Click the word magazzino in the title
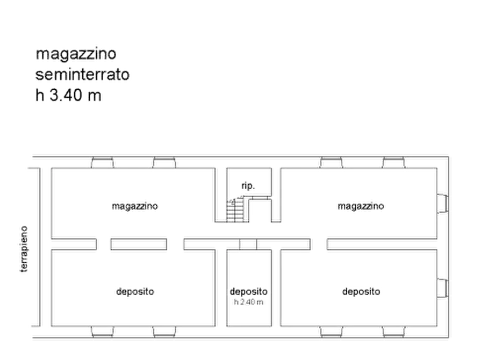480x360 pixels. tap(75, 55)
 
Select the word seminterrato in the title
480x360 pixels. tap(82, 76)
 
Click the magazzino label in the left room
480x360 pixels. tap(134, 205)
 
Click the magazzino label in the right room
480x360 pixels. tap(361, 205)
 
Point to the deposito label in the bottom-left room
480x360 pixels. tap(135, 292)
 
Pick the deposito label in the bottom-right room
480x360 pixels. tap(361, 292)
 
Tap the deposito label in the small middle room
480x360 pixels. tap(248, 291)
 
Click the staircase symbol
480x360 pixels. tap(235, 208)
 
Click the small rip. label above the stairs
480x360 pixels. tap(248, 186)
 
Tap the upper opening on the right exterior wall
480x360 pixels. tap(442, 202)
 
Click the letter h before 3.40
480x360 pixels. tap(39, 97)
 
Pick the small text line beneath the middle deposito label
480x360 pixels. tap(248, 302)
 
